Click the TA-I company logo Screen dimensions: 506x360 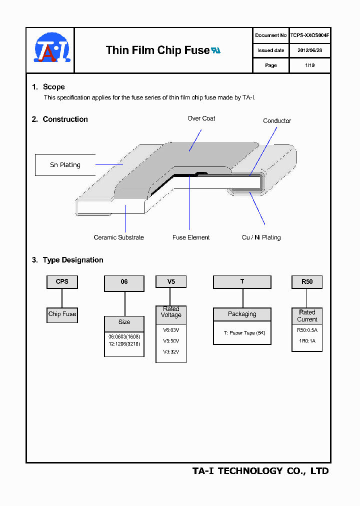tap(51, 49)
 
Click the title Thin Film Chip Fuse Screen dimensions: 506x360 tap(157, 50)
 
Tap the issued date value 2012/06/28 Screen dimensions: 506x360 tap(309, 50)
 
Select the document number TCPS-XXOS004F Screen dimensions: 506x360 tap(309, 35)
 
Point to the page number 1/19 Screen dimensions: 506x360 tap(309, 65)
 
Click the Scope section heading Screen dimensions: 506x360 tap(53, 87)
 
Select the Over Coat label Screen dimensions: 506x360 tap(201, 118)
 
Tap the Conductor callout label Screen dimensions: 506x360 tap(277, 121)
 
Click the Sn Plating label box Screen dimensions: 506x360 tap(65, 165)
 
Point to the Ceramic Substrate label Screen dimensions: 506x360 tap(118, 237)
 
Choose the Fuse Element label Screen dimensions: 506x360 tap(191, 237)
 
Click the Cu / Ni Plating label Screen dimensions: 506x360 tap(261, 237)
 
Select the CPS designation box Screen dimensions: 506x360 tap(62, 282)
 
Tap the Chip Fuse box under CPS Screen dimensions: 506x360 tap(62, 314)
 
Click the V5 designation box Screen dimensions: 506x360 tap(171, 282)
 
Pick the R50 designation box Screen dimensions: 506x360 tap(307, 282)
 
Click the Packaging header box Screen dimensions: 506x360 tap(242, 314)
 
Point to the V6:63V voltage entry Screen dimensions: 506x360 tap(171, 329)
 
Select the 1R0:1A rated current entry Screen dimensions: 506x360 tap(307, 341)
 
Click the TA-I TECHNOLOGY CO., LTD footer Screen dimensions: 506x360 tap(260, 471)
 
